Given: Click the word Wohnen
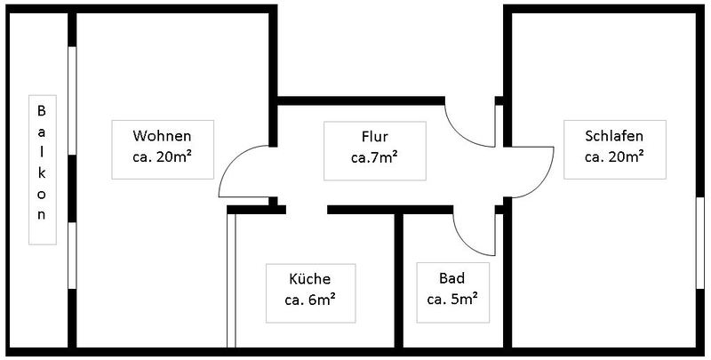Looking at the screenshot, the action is (x=162, y=136).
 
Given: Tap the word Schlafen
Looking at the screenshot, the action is (x=614, y=136).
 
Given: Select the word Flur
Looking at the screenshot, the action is (x=374, y=136).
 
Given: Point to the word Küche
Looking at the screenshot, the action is (x=309, y=278).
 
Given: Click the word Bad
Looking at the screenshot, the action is (x=451, y=277).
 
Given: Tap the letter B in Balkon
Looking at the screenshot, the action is (x=41, y=110).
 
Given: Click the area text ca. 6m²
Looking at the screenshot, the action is (x=310, y=300).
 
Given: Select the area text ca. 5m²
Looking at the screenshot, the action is (x=452, y=299).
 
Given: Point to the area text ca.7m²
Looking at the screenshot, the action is (x=374, y=157).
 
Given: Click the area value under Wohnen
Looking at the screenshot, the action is (x=162, y=156).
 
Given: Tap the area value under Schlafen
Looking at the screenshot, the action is (x=614, y=156).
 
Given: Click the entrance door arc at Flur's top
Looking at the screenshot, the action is (x=459, y=134).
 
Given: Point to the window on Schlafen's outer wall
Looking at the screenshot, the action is (x=700, y=243).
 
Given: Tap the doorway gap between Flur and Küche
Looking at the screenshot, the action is (x=307, y=210).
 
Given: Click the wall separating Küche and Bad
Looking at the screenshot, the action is (x=398, y=280).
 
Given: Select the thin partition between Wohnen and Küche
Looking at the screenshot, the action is (x=231, y=280).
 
